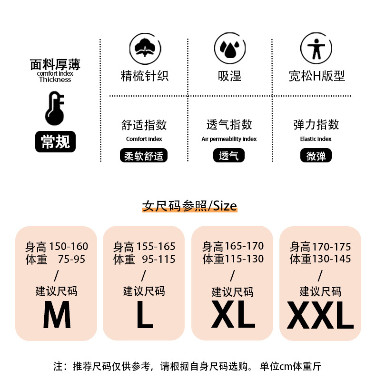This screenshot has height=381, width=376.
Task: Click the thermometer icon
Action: point(55,109)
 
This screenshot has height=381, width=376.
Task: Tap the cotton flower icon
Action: point(145,49)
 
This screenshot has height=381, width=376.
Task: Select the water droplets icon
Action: point(230,49)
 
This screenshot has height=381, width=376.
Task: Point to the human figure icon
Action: point(316,49)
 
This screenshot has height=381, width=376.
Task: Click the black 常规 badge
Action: point(55,141)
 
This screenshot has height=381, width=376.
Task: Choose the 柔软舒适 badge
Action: point(144,155)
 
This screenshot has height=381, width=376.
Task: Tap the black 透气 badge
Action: point(229,155)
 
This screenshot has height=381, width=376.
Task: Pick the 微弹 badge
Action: point(316,155)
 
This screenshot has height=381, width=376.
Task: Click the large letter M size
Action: point(57,315)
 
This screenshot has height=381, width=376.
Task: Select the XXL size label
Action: point(320,315)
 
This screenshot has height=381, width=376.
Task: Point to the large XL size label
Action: point(233,314)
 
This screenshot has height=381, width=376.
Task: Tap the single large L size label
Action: point(145,315)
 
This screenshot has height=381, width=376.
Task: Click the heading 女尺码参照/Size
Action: point(189,206)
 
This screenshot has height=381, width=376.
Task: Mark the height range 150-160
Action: point(69,246)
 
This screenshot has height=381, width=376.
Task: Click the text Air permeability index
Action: point(229,139)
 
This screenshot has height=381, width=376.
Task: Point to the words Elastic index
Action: point(316,139)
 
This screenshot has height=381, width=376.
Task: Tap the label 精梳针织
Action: point(145,76)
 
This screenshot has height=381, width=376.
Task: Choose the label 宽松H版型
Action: point(317,76)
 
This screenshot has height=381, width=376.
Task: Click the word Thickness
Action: point(55,80)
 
